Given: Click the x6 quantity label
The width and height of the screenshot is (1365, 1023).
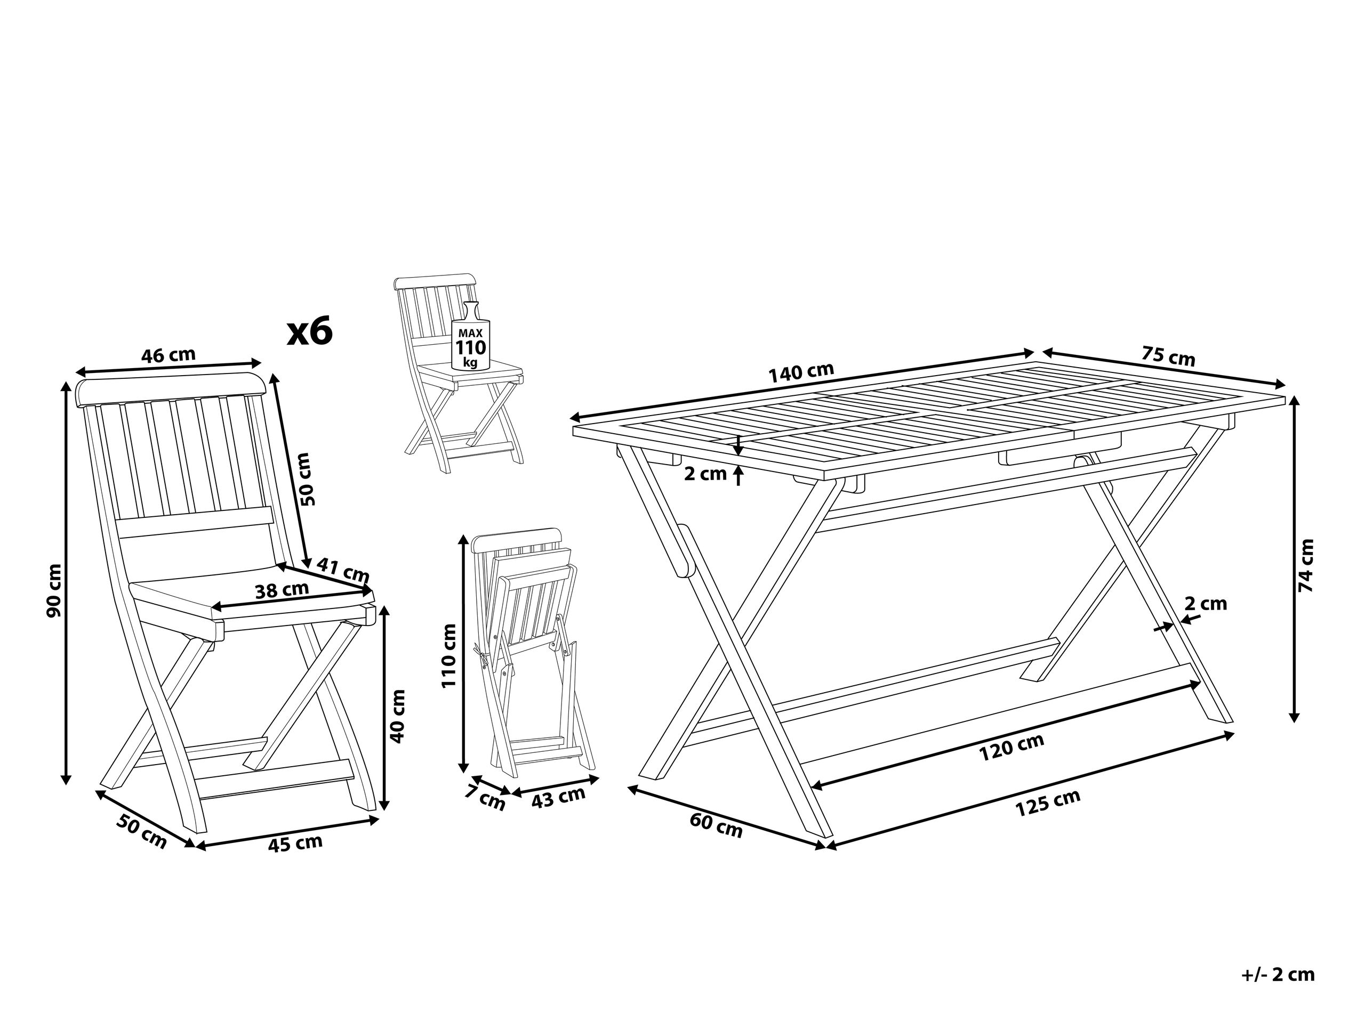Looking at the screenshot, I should (310, 332).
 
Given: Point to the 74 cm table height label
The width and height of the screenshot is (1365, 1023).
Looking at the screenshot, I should (1306, 565).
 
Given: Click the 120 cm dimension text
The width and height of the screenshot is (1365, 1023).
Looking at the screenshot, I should (1011, 748).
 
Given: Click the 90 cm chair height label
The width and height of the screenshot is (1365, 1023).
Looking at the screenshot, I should (54, 590).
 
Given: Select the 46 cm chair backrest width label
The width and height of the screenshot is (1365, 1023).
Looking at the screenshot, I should (168, 355).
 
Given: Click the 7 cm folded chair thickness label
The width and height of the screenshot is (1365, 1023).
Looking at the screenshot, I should (485, 800).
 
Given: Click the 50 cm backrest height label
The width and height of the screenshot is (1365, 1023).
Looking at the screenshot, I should (307, 479).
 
